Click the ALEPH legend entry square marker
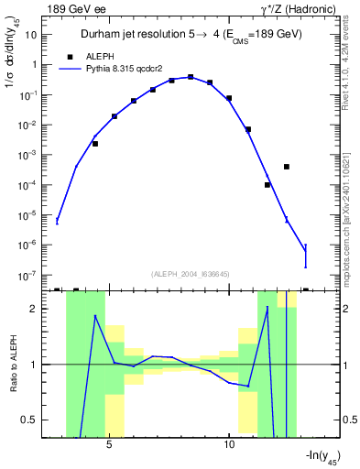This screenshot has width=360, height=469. (x=69, y=56)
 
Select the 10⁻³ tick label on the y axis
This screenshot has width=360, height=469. (x=29, y=155)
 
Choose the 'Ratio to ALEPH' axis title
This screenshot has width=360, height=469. (x=12, y=365)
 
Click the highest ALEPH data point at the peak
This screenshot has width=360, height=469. (x=191, y=77)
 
